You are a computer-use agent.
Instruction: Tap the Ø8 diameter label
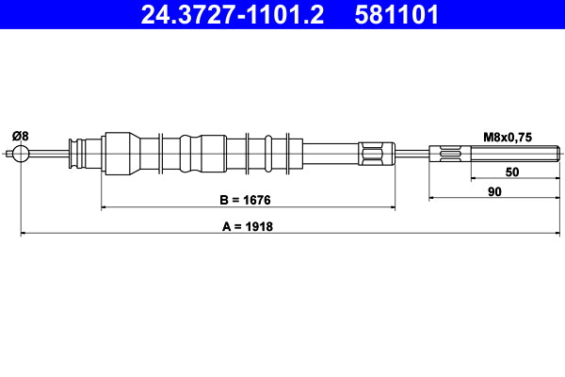pos(20,136)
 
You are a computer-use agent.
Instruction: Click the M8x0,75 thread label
pos(508,137)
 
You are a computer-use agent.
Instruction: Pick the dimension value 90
pos(494,192)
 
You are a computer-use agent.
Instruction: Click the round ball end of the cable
pos(21,155)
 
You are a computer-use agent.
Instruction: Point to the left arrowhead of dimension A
pos(24,233)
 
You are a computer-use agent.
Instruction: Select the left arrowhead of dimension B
pos(105,206)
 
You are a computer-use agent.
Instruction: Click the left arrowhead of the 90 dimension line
pos(434,199)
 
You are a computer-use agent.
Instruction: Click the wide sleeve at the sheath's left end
pos(118,154)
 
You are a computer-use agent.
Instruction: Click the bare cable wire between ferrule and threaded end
pos(410,154)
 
